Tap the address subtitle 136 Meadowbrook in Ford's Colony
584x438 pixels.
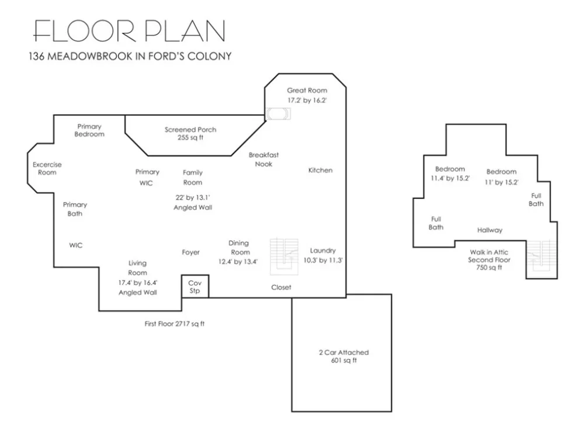click(130, 56)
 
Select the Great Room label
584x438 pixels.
click(307, 90)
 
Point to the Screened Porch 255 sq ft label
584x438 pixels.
click(190, 133)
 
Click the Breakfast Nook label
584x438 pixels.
click(263, 159)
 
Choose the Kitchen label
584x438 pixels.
click(320, 170)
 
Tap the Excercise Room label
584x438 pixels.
click(47, 168)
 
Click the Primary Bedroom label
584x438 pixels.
click(89, 130)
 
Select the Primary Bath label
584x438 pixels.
click(75, 209)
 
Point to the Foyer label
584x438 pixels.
click(191, 252)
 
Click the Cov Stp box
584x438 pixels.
click(195, 286)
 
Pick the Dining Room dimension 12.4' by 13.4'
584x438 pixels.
click(238, 262)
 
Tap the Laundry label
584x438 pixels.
click(322, 251)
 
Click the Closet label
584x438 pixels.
click(281, 287)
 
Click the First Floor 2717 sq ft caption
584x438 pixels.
click(174, 324)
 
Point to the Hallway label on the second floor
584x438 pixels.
click(490, 230)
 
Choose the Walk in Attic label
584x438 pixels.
click(489, 252)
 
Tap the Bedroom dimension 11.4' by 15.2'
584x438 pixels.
click(450, 178)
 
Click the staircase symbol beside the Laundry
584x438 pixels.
click(284, 256)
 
